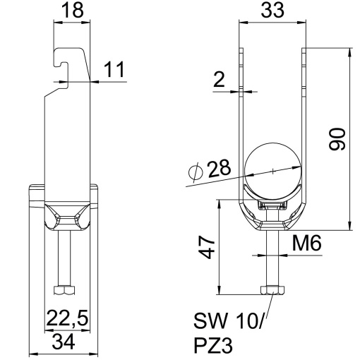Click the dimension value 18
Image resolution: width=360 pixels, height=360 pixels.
point(72,11)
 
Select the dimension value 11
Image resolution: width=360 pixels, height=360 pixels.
point(114,69)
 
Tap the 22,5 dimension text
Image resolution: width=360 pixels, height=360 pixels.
point(68,318)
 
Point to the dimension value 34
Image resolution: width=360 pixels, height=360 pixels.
point(64,342)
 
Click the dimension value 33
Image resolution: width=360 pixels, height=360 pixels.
point(272,11)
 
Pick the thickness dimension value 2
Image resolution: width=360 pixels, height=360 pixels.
point(220,79)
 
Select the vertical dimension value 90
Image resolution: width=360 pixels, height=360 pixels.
point(337,139)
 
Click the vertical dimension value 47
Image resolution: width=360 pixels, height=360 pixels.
point(207,247)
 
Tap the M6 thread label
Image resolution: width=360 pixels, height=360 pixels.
point(306,243)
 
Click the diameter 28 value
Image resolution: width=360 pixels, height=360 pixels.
point(219,168)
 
